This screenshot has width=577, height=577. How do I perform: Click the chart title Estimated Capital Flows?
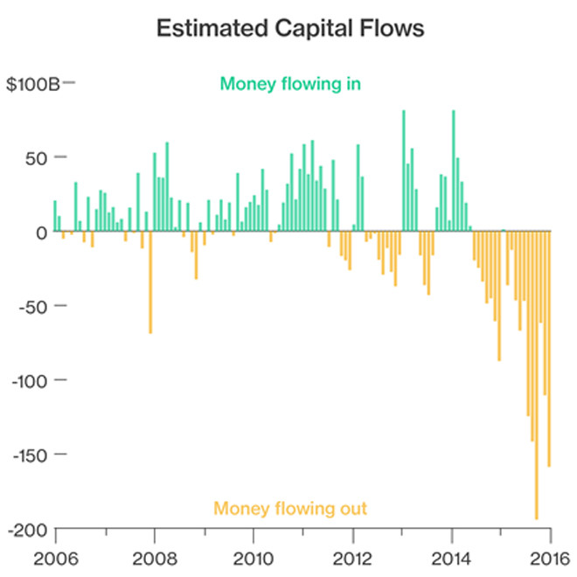tap(289, 29)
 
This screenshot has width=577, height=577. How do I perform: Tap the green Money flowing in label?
tap(290, 85)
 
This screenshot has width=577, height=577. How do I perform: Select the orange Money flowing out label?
tap(290, 508)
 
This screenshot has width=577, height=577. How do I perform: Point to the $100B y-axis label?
tap(34, 84)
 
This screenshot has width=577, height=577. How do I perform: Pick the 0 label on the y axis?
tap(40, 233)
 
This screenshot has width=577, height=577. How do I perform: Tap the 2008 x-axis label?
tap(154, 558)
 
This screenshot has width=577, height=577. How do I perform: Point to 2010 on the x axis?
tap(254, 558)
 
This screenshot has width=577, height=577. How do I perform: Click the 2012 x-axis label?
tap(353, 558)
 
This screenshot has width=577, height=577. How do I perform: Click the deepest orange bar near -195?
tap(537, 376)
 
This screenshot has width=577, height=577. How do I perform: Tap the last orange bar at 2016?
tap(549, 349)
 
